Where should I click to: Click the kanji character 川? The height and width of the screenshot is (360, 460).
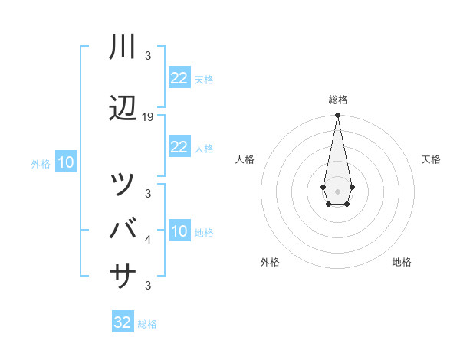coord(123,47)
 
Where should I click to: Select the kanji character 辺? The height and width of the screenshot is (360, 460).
coord(123,109)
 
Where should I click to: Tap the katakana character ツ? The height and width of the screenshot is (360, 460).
coord(123,185)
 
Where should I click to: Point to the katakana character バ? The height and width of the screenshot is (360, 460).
coord(123,228)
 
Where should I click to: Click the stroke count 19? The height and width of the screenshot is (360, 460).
coord(148,117)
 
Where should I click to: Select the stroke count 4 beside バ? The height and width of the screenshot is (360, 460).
coord(148,240)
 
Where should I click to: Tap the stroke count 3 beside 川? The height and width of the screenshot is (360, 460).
coord(148,56)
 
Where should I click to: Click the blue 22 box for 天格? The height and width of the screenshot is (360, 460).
coord(179,78)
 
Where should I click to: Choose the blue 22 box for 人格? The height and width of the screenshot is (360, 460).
coord(179,147)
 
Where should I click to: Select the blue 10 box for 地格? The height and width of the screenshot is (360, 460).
coord(179,231)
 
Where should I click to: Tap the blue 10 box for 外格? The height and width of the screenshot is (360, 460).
coord(66,162)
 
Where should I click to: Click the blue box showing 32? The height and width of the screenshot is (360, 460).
coord(123,322)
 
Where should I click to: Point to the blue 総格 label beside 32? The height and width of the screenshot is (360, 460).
coord(147,324)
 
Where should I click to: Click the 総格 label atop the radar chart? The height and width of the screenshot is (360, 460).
coord(337,100)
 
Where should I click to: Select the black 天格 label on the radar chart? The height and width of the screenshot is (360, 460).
coord(432,159)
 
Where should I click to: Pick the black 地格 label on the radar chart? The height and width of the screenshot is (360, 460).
coord(402,262)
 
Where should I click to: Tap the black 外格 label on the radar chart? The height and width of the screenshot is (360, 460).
coord(270,262)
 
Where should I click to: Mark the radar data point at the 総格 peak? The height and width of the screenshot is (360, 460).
coord(337,116)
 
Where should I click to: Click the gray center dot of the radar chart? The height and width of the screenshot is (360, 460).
coord(337,190)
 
